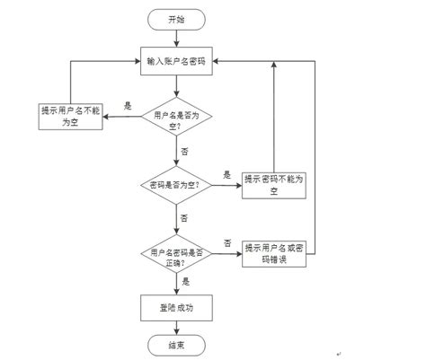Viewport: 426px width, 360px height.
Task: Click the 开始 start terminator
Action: tap(177, 19)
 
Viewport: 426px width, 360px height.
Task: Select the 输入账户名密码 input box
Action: tap(177, 61)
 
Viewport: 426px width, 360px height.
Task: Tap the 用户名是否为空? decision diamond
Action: tap(177, 119)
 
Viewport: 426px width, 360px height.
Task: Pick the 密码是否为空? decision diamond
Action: tap(177, 185)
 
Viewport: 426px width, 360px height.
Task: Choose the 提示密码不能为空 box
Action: tap(274, 185)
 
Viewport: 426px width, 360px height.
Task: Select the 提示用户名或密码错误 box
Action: tap(275, 254)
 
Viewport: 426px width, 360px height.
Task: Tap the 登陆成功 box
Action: tap(177, 307)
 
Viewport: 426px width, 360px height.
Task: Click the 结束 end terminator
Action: tap(177, 344)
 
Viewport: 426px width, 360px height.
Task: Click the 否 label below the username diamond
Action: tap(185, 152)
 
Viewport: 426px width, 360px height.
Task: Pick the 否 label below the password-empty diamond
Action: tap(185, 218)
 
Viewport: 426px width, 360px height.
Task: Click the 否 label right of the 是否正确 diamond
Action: tap(228, 243)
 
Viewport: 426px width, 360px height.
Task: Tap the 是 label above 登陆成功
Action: tap(185, 281)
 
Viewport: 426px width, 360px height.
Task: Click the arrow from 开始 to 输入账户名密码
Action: tap(177, 37)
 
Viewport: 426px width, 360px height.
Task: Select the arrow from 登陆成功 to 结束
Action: tap(177, 327)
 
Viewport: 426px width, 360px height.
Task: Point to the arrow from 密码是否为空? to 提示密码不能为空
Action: tap(226, 185)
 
